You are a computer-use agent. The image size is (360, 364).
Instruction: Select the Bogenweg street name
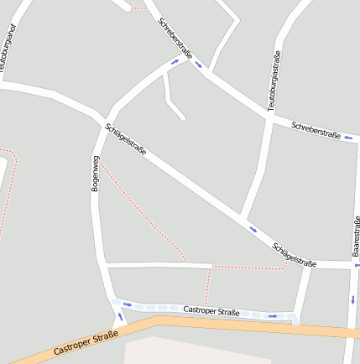(x=96, y=174)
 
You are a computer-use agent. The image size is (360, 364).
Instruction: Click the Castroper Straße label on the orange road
(x=85, y=341)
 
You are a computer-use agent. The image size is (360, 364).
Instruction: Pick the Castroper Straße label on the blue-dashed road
(x=211, y=312)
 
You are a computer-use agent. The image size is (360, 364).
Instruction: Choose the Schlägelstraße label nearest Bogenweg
(x=126, y=139)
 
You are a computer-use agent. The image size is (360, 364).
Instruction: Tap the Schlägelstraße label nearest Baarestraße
(x=295, y=255)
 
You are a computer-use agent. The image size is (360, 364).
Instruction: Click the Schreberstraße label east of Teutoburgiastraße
(x=316, y=130)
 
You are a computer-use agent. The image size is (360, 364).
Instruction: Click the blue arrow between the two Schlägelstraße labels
(x=253, y=228)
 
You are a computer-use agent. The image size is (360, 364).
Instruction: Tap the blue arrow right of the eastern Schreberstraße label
(x=347, y=138)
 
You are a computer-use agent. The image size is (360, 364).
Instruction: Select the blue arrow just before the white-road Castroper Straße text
(x=128, y=304)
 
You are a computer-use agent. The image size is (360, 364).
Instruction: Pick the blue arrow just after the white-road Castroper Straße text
(x=273, y=316)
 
